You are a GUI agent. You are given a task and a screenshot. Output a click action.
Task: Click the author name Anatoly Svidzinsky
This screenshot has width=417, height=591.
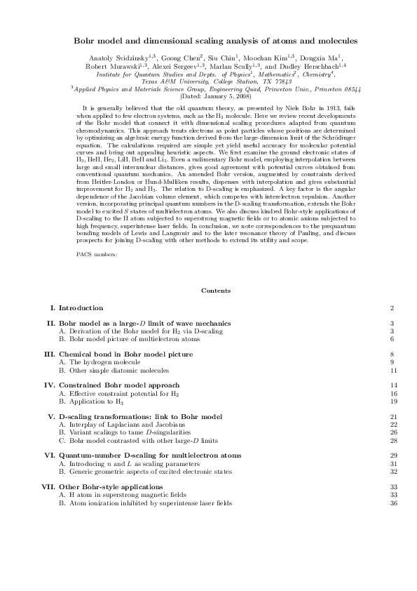112,56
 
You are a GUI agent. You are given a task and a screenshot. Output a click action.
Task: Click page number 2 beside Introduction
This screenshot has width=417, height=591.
392,308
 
